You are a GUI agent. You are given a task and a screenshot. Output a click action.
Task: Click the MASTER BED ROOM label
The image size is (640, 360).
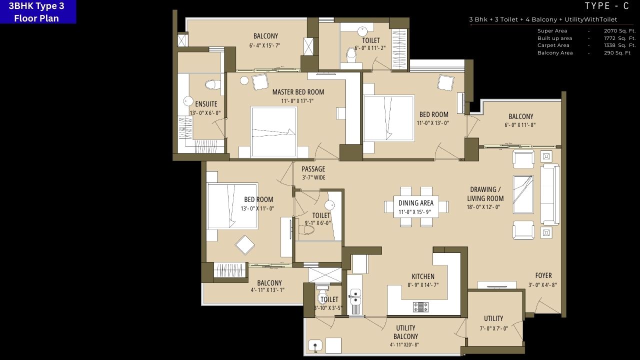click(x=298, y=92)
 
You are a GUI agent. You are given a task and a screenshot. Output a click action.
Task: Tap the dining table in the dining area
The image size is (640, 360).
click(x=415, y=206)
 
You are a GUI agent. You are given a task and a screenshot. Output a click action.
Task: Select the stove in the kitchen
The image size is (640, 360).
click(x=420, y=307)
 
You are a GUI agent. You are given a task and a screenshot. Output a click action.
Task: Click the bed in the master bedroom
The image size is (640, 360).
click(x=273, y=132)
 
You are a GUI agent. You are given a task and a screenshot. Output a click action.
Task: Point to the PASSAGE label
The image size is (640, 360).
click(x=313, y=169)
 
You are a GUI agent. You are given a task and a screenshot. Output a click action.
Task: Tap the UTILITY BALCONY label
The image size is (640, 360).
click(x=405, y=332)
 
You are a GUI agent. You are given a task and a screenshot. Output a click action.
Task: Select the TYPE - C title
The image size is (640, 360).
click(x=606, y=6)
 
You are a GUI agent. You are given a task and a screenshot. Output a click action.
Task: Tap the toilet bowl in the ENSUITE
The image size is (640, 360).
click(x=212, y=84)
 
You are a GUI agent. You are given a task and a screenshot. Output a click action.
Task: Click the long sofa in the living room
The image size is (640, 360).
click(x=549, y=194)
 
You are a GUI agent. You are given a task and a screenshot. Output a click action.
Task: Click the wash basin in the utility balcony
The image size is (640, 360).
click(x=315, y=344)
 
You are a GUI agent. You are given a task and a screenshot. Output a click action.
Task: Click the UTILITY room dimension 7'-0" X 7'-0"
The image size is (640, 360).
click(x=493, y=328)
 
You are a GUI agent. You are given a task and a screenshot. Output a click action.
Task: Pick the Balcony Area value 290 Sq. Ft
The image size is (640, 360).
click(x=617, y=53)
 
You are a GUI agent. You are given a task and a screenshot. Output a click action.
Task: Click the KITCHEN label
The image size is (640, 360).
click(x=423, y=276)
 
